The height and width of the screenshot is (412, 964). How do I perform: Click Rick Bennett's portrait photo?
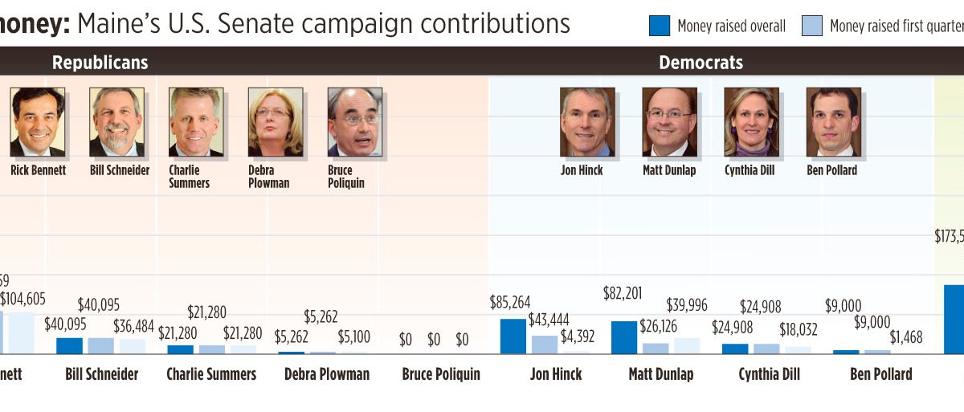point(37,121)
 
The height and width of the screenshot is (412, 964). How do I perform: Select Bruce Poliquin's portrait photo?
point(355,121)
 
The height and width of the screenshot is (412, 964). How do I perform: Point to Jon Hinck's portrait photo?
point(587,121)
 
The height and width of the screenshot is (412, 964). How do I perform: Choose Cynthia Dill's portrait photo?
point(751,121)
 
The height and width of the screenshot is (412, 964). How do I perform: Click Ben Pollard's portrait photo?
point(833,121)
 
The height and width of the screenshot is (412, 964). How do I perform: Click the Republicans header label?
point(100,62)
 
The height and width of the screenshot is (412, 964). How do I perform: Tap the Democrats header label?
point(701,62)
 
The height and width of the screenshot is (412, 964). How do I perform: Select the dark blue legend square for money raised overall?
point(659,26)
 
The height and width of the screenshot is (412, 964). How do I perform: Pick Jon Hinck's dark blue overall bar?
point(513,336)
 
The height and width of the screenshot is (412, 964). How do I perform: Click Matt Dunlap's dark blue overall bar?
point(623,337)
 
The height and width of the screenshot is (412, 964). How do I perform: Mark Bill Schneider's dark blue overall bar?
point(69,345)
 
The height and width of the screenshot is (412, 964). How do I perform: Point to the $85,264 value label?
point(510,303)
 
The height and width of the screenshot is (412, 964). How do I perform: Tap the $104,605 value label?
point(23,299)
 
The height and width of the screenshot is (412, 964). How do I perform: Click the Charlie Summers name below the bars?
point(211,374)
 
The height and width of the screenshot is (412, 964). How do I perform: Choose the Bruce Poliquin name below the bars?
point(441,374)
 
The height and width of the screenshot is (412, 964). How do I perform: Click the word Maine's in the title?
point(117,23)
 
